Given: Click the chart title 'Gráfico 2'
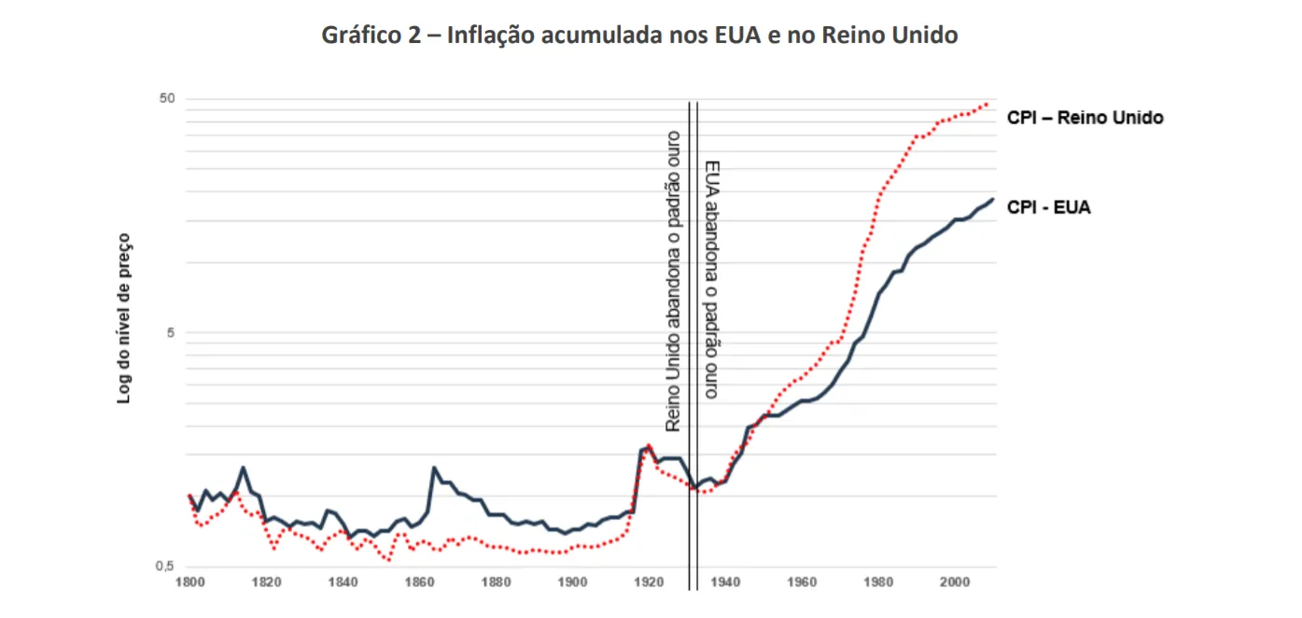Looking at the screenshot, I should pos(639,36).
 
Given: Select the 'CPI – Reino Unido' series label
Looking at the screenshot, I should pos(1085,119).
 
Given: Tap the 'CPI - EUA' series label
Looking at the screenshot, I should pos(1048,207).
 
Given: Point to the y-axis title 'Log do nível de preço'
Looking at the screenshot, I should pos(124,318).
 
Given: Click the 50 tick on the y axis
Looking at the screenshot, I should pos(168,99).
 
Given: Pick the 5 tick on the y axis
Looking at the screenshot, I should pos(172,333).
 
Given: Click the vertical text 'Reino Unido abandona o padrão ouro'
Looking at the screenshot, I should pos(672,280).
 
